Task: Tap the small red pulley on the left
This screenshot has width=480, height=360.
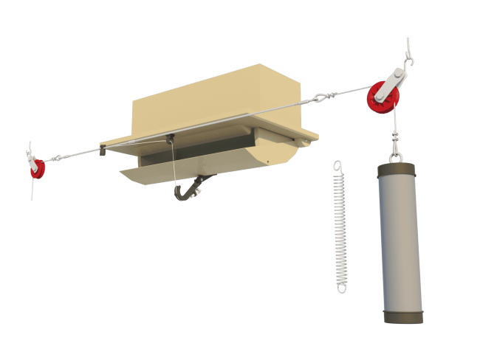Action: (35, 169)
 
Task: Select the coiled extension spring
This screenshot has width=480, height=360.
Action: (340, 225)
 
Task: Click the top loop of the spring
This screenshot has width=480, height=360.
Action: (337, 165)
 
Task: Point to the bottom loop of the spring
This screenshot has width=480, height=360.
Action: (341, 286)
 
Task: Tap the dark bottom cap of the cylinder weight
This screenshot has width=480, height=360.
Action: (403, 316)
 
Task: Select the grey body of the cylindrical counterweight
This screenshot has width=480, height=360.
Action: (400, 243)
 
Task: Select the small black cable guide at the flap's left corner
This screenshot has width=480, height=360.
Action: (103, 152)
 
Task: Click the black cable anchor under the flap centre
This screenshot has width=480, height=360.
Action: (171, 137)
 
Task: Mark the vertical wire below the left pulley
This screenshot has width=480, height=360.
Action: (32, 189)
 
